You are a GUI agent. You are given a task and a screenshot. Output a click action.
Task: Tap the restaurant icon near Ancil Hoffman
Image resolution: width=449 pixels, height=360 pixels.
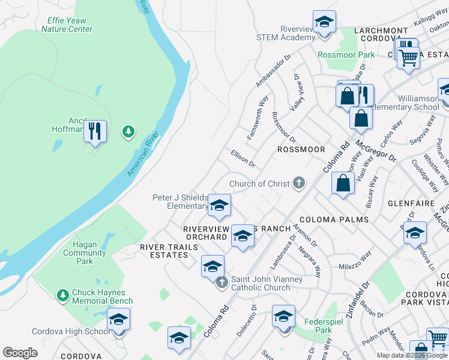tap(95, 131)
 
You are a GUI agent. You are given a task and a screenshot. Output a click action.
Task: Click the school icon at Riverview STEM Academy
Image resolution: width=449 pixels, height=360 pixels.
tap(324, 24)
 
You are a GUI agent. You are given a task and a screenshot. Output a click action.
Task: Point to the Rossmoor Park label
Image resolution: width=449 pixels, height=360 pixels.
tap(346, 55)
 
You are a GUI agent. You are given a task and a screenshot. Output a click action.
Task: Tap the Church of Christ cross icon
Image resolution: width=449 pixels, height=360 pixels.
tap(298, 184)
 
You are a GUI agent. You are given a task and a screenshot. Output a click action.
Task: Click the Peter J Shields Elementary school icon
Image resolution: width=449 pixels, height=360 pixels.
tap(219, 206)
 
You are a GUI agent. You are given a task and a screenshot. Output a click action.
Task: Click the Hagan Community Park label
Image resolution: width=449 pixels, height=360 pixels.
tap(85, 253)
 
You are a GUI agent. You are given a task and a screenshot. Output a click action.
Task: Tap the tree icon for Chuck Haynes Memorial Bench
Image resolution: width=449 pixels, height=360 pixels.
tap(62, 295)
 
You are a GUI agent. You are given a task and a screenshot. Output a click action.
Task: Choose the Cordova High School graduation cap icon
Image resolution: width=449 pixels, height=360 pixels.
tap(118, 320)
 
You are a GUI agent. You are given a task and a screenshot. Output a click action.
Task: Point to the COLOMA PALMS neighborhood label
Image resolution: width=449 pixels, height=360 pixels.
tap(334, 219)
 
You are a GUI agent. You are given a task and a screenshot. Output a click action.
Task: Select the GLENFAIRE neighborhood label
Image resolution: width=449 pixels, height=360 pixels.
tap(411, 203)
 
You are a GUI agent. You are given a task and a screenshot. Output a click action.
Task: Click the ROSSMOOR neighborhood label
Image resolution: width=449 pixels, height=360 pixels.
tap(300, 149)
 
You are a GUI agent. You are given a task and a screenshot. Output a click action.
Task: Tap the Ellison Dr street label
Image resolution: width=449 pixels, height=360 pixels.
tap(243, 159)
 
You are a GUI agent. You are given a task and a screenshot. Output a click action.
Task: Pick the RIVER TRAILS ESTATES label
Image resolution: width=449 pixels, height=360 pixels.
tap(164, 251)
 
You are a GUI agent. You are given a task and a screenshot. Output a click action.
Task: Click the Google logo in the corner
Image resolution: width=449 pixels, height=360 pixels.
tap(20, 353)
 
